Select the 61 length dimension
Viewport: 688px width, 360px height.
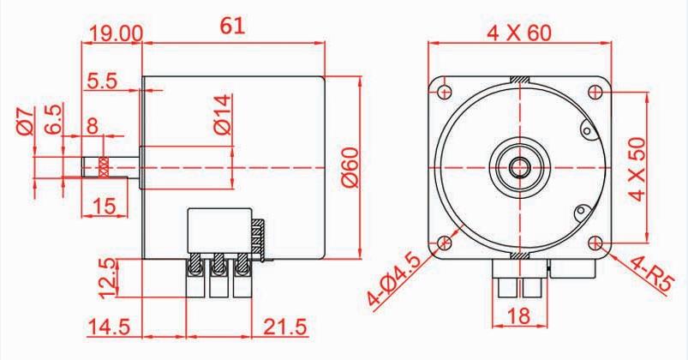(x=232, y=27)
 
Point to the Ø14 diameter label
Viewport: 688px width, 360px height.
(x=221, y=115)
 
